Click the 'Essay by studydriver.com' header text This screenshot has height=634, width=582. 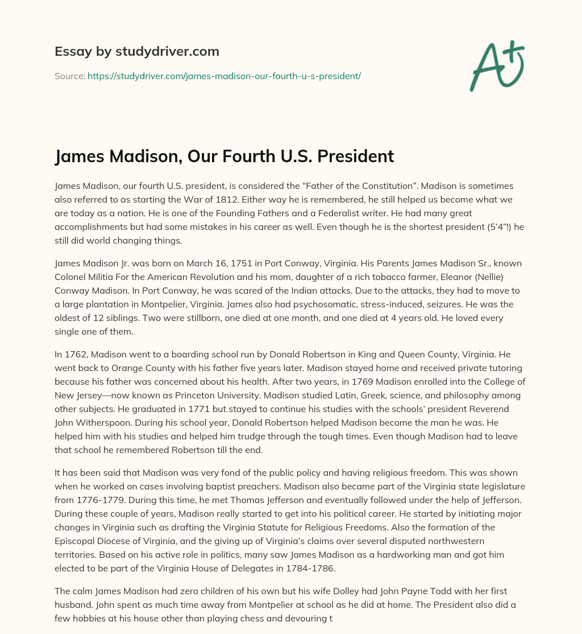pyautogui.click(x=137, y=51)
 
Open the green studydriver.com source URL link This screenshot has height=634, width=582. pyautogui.click(x=224, y=76)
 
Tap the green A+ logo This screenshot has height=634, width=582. pyautogui.click(x=496, y=65)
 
